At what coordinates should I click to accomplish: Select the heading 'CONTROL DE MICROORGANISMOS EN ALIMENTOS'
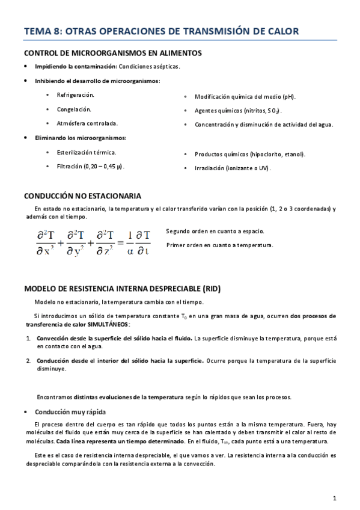coord(112,53)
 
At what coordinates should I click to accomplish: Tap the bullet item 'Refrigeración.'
coord(76,95)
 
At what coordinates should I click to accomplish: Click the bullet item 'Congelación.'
coord(74,109)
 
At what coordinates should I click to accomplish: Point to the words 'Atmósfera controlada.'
coord(87,123)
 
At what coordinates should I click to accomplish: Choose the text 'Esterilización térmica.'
coord(87,152)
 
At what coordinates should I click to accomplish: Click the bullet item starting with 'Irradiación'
coord(233,168)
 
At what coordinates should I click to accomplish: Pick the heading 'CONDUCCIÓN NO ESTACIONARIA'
coord(83,196)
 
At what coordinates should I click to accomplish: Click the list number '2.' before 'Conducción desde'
coord(28,361)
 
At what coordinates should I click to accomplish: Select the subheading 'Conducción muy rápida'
coord(70,413)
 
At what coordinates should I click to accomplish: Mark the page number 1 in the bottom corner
coord(334,498)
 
